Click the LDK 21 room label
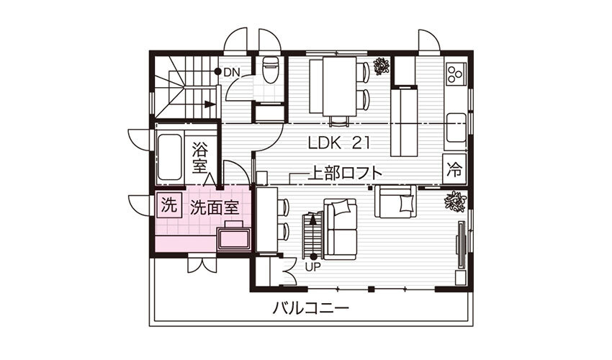click(x=338, y=143)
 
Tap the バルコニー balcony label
click(x=310, y=308)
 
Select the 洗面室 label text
click(x=215, y=208)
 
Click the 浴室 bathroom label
click(x=200, y=158)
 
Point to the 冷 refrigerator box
click(x=454, y=170)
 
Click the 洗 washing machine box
click(x=169, y=205)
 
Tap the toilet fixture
click(x=271, y=70)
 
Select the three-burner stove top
click(x=456, y=73)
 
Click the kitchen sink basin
click(x=456, y=127)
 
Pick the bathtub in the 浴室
click(x=169, y=157)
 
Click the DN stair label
click(x=232, y=72)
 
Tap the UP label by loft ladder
click(x=312, y=267)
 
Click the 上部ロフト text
click(x=345, y=174)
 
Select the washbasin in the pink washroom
click(x=234, y=238)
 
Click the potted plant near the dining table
click(x=381, y=66)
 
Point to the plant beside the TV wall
click(x=455, y=202)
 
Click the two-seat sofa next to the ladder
click(x=341, y=229)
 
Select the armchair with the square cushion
click(x=395, y=201)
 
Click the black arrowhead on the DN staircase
click(x=210, y=104)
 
